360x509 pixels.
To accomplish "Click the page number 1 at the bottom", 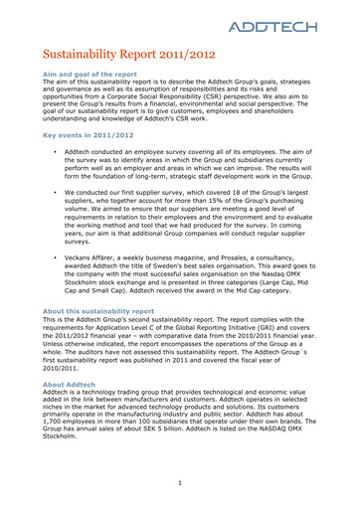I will (180, 484).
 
